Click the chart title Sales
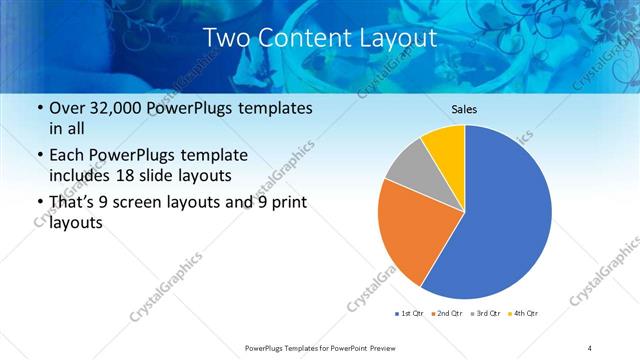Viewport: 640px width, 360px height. click(x=464, y=109)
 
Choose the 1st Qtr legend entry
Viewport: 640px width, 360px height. click(x=411, y=314)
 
